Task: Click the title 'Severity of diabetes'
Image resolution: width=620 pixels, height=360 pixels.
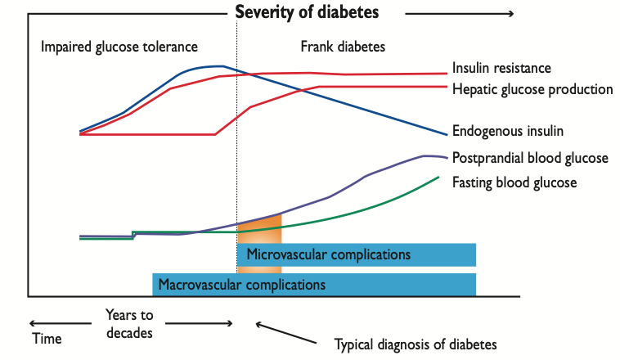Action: click(x=307, y=12)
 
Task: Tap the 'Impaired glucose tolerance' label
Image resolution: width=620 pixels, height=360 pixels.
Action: click(x=119, y=46)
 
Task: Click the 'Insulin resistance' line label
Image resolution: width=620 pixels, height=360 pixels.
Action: click(x=501, y=68)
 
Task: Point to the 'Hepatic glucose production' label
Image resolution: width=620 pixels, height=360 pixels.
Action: click(x=532, y=88)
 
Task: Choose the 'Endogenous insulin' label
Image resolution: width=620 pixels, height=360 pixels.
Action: click(x=507, y=130)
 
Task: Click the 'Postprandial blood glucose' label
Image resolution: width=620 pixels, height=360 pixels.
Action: click(x=530, y=158)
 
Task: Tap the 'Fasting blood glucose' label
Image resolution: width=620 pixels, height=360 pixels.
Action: click(x=514, y=182)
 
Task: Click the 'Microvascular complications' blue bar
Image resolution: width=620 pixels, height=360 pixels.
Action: click(x=357, y=254)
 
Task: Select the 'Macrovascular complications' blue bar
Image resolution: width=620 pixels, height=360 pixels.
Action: click(x=314, y=285)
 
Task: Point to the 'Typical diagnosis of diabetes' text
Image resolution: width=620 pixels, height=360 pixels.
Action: click(x=416, y=344)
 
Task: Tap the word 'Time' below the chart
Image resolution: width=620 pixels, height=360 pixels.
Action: click(x=46, y=338)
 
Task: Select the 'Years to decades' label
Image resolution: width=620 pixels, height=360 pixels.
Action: click(x=129, y=322)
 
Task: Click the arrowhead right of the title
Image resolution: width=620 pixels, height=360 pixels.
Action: click(x=509, y=14)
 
